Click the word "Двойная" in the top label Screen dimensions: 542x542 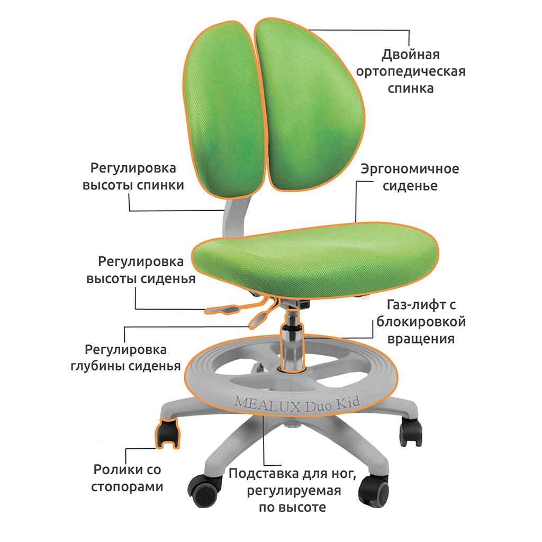(410, 55)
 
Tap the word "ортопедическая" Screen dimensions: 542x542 (411, 71)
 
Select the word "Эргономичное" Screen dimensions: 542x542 (410, 169)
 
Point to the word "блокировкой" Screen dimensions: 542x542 (421, 322)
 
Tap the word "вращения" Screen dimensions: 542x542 (421, 339)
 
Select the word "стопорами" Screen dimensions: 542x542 (127, 487)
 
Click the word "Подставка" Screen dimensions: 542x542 (264, 474)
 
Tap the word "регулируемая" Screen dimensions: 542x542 (294, 491)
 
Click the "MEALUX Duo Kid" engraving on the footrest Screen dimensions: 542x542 (296, 404)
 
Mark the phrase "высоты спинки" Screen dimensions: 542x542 (133, 185)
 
